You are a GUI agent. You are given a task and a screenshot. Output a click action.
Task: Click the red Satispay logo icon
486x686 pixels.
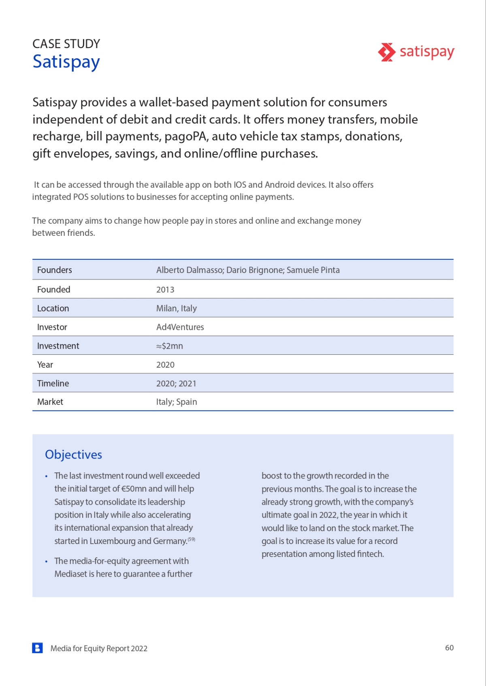(x=386, y=52)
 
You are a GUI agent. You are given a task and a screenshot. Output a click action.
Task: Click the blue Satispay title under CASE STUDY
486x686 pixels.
(x=66, y=62)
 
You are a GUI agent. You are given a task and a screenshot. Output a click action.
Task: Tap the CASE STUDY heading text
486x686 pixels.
(x=66, y=44)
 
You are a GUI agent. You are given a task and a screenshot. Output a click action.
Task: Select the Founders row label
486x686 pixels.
(x=54, y=270)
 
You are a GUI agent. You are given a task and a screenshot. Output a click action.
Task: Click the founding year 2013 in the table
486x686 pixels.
(x=165, y=290)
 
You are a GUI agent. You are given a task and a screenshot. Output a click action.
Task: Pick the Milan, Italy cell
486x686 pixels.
(x=176, y=308)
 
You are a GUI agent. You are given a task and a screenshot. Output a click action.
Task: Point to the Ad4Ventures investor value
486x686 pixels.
(x=180, y=327)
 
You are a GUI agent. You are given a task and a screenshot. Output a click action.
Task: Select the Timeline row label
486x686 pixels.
(x=53, y=383)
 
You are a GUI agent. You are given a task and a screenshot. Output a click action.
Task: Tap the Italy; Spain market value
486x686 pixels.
(x=176, y=402)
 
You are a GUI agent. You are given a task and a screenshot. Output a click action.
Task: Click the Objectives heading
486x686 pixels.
(x=73, y=455)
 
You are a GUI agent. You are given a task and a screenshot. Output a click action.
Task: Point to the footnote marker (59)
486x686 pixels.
(x=192, y=539)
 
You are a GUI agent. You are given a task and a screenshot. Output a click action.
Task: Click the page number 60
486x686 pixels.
(x=449, y=648)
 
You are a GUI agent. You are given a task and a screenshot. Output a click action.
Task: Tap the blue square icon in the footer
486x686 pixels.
(x=37, y=648)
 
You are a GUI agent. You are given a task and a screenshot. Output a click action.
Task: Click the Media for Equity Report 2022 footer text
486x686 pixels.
(x=99, y=648)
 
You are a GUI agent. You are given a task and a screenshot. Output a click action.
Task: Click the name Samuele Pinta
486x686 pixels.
(x=313, y=270)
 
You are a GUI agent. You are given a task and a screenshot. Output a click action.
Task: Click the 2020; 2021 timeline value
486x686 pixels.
(x=176, y=383)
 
